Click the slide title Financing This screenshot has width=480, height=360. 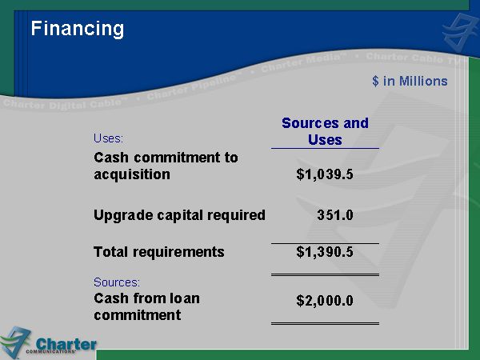point(78,30)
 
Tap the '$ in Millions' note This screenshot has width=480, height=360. point(410,81)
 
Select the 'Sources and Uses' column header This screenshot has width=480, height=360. point(325,131)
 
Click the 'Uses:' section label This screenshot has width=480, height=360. point(108,138)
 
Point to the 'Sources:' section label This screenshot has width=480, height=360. point(117,282)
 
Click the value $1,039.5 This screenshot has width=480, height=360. point(325,174)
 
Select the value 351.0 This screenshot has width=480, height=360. point(335,215)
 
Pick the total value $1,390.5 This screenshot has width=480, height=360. point(325,252)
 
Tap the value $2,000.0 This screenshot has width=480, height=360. point(325,301)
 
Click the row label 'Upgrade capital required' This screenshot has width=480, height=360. point(179,215)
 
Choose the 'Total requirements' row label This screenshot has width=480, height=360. point(159,253)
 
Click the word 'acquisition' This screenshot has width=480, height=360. point(132,174)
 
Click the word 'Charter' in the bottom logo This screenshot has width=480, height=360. point(66,344)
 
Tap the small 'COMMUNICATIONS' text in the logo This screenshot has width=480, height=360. point(51,351)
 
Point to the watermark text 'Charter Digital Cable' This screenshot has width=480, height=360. point(62,104)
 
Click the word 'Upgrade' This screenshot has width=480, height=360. point(123,216)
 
